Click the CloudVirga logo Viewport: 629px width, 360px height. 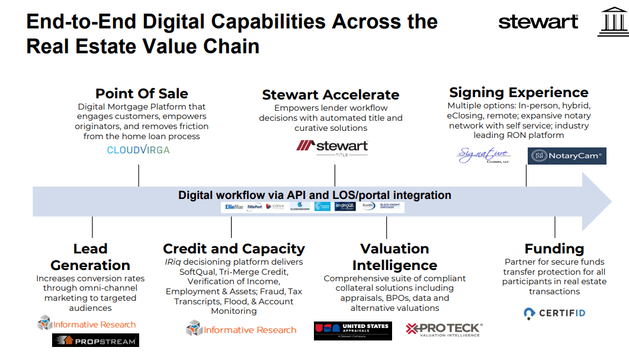pyautogui.click(x=138, y=150)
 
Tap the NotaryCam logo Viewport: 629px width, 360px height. pyautogui.click(x=566, y=156)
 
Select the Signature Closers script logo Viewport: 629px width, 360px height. pyautogui.click(x=483, y=155)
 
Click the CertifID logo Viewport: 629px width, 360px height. pyautogui.click(x=554, y=313)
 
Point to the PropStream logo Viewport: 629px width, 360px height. pyautogui.click(x=95, y=340)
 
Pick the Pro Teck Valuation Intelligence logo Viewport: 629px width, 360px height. pyautogui.click(x=444, y=330)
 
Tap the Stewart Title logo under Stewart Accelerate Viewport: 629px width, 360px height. pyautogui.click(x=332, y=148)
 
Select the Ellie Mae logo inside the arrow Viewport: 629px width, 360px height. pyautogui.click(x=233, y=207)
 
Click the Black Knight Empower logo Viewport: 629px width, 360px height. pyautogui.click(x=390, y=207)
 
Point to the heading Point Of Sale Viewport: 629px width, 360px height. pyautogui.click(x=142, y=94)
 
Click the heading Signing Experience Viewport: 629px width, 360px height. pyautogui.click(x=518, y=92)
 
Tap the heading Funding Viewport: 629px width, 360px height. pyautogui.click(x=554, y=249)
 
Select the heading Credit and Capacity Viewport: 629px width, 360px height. pyautogui.click(x=233, y=249)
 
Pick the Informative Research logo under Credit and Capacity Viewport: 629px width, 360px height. pyautogui.click(x=241, y=329)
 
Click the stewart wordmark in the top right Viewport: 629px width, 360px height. pyautogui.click(x=538, y=22)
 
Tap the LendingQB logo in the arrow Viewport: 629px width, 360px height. pyautogui.click(x=344, y=207)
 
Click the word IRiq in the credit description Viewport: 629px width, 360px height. pyautogui.click(x=173, y=262)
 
